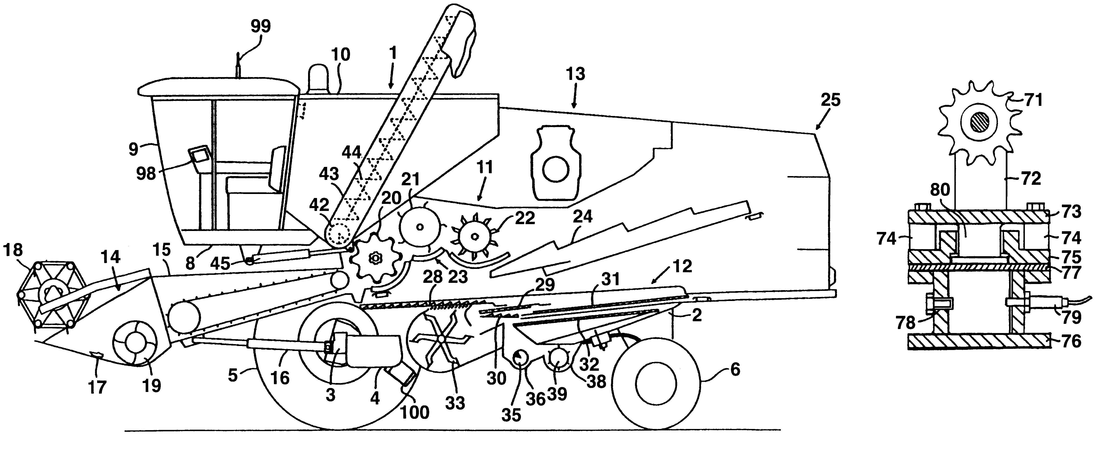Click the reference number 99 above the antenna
point(260,27)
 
